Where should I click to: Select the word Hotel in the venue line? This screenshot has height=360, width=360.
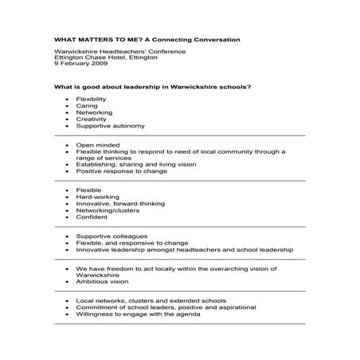pyautogui.click(x=108, y=57)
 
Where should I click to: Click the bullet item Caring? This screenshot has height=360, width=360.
pyautogui.click(x=85, y=106)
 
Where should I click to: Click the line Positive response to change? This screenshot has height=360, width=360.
pyautogui.click(x=121, y=170)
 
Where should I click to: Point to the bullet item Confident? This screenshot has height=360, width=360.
pyautogui.click(x=92, y=216)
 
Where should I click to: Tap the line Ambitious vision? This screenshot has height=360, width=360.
pyautogui.click(x=104, y=281)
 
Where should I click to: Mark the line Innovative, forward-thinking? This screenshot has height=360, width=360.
pyautogui.click(x=119, y=203)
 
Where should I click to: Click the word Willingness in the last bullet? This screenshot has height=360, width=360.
pyautogui.click(x=95, y=314)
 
